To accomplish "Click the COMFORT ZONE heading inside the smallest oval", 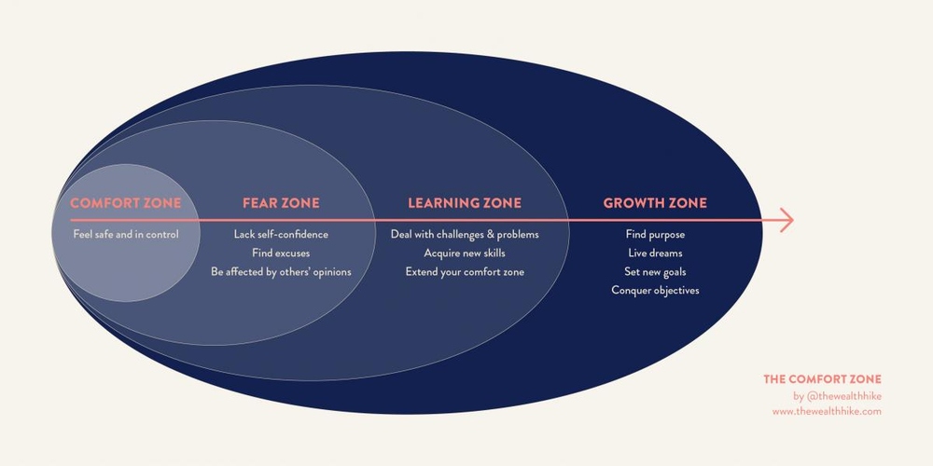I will (x=126, y=202).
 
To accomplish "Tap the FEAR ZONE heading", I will (x=281, y=202).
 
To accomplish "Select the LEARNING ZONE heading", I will (x=465, y=202).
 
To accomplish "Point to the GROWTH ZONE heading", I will (x=655, y=202).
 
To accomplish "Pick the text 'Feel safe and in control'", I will (x=126, y=234).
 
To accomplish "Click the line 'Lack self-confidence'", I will (x=281, y=234).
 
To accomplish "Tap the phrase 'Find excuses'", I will (x=281, y=253).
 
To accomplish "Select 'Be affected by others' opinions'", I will (x=281, y=271).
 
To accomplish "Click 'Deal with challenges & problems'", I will (x=465, y=234).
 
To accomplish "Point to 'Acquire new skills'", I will (x=465, y=253).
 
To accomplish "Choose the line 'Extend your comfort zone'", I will (x=465, y=271).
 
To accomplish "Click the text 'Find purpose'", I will (x=655, y=234).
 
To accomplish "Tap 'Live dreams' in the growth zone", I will (x=655, y=253).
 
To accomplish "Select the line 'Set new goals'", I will (x=655, y=271).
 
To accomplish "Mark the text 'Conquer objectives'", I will (x=655, y=290).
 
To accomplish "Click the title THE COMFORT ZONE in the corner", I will (x=822, y=379).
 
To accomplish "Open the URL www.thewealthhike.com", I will (x=827, y=411).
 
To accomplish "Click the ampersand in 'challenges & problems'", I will (x=490, y=234).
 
